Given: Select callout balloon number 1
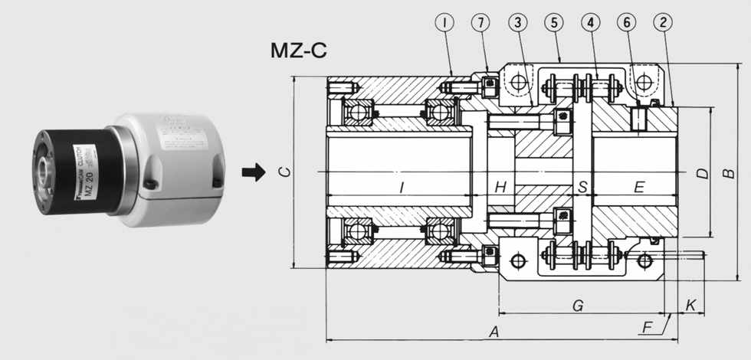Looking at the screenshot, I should click(x=444, y=22).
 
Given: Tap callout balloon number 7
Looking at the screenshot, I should click(x=482, y=22).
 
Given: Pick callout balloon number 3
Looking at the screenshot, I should click(x=520, y=22).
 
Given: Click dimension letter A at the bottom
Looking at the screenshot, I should click(x=495, y=332).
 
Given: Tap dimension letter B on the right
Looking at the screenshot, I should click(x=730, y=174).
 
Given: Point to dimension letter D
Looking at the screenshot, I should click(x=701, y=174).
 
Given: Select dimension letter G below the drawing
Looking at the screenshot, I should click(x=579, y=306).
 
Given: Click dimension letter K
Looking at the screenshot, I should click(x=690, y=306).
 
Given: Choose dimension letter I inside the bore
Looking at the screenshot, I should click(x=401, y=187).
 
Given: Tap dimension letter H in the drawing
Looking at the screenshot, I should click(x=500, y=187).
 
